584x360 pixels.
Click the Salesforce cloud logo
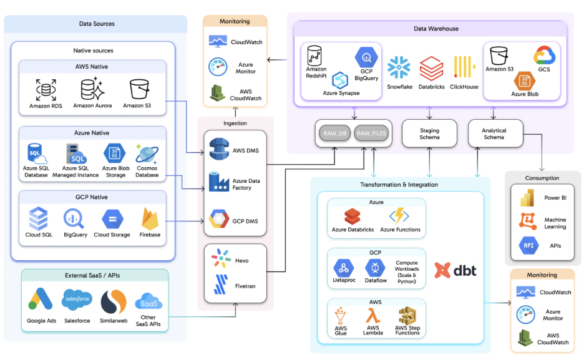(77, 301)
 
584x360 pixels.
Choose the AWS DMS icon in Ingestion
(220, 150)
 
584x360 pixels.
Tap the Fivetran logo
(220, 286)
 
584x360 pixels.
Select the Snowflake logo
(399, 67)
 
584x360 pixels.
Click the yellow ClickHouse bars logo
(464, 67)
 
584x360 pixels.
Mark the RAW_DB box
(334, 132)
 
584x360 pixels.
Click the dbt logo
(455, 270)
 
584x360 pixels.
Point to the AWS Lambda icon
(372, 316)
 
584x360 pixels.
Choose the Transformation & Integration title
(399, 185)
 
